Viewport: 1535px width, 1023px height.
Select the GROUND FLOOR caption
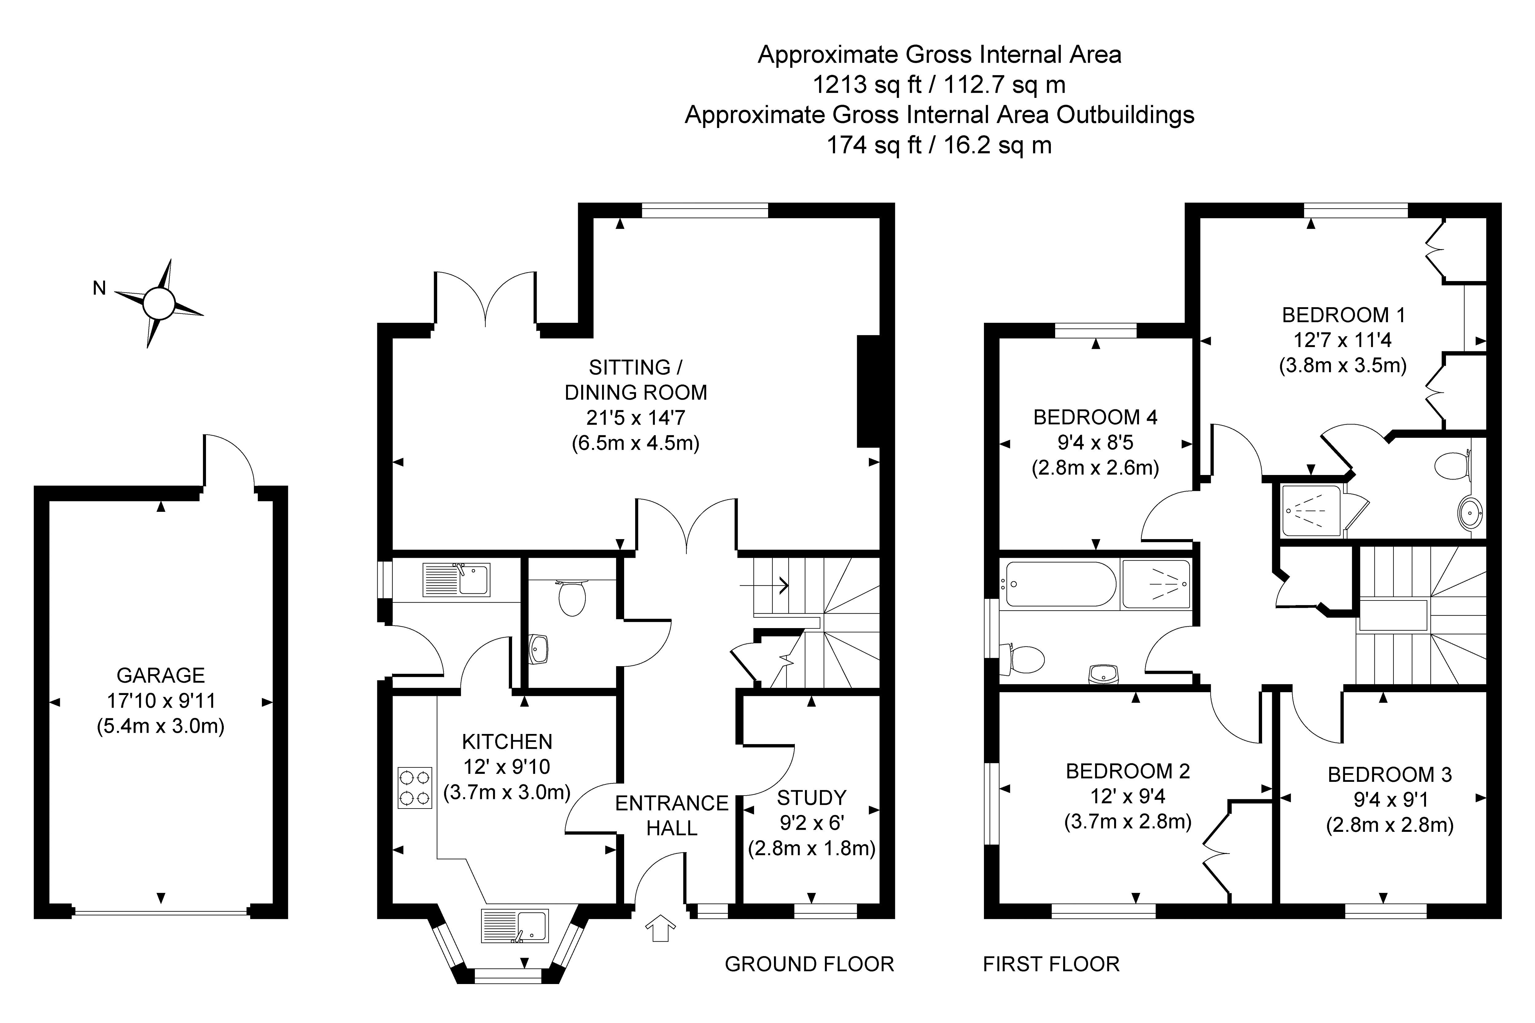point(809,964)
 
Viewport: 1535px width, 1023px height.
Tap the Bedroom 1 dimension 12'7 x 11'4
point(1343,340)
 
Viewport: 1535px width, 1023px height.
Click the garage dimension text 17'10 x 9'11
point(161,701)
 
